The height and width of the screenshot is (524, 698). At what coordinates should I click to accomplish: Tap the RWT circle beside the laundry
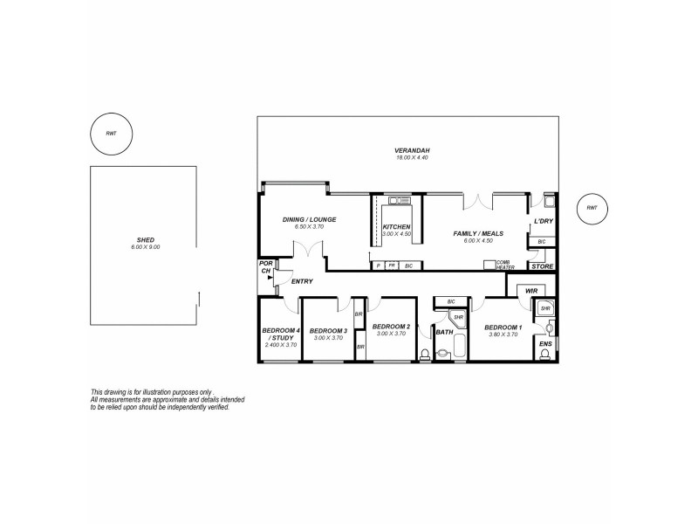tap(592, 208)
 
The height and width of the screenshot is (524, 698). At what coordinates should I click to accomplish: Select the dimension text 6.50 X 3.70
tap(304, 226)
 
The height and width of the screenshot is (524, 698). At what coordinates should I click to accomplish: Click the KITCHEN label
tap(397, 226)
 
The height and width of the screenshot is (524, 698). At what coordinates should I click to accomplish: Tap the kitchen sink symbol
tap(400, 201)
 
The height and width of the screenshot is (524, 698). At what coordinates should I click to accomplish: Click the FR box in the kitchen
tap(392, 265)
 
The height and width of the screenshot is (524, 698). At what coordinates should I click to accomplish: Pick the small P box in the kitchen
tap(378, 265)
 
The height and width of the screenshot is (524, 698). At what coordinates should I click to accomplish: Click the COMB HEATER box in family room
tap(489, 264)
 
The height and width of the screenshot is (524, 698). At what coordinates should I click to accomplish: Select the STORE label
tap(542, 265)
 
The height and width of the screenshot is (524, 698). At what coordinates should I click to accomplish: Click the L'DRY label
tap(543, 221)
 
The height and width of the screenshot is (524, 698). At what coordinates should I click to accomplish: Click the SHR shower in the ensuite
tap(544, 308)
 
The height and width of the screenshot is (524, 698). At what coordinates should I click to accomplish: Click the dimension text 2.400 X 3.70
tap(280, 345)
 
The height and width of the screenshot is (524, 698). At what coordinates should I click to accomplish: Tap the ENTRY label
tap(302, 281)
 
